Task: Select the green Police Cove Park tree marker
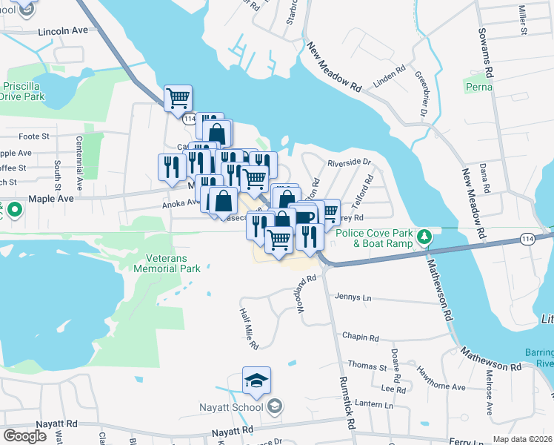coord(424,237)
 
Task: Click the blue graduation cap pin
coord(256,381)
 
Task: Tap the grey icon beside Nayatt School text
coord(275,406)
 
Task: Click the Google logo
coord(24,436)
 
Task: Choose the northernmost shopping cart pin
coord(178,98)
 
